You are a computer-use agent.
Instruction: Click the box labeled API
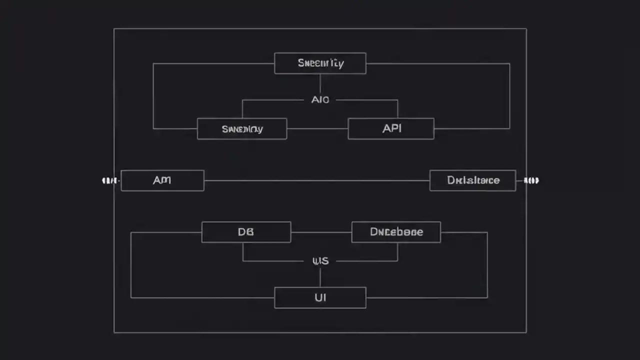[391, 128]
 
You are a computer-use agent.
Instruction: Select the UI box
[320, 297]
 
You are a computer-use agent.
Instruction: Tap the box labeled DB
[246, 232]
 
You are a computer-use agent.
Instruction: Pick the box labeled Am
[162, 180]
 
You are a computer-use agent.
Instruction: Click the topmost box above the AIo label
[320, 63]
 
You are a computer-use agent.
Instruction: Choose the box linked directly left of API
[242, 128]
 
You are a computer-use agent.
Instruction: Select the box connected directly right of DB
[396, 232]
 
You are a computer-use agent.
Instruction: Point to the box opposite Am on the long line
[472, 180]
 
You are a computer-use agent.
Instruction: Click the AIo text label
[320, 99]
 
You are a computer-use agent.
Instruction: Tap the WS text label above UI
[320, 260]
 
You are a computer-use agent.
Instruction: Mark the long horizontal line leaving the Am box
[316, 180]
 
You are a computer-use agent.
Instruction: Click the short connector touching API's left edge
[317, 128]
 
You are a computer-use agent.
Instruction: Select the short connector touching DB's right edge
[321, 232]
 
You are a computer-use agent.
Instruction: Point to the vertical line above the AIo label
[320, 83]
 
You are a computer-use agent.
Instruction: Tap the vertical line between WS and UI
[320, 277]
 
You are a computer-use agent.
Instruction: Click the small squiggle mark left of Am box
[109, 180]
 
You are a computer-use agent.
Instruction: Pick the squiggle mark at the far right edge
[531, 180]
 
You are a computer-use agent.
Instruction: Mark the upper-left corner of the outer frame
[114, 28]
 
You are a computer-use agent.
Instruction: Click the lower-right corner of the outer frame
[526, 332]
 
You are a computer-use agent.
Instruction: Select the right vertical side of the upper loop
[509, 96]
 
